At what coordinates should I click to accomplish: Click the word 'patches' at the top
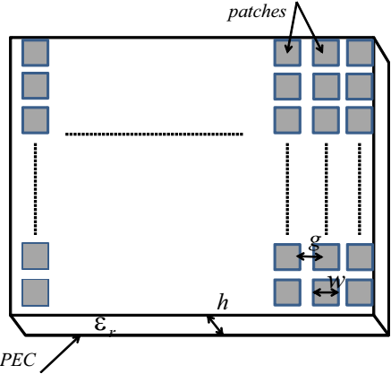tap(257, 13)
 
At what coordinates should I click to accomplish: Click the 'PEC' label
tap(18, 360)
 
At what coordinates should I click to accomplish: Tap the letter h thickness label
tap(223, 302)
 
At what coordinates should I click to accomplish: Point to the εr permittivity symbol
tap(105, 326)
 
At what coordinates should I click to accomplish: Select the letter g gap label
tap(315, 241)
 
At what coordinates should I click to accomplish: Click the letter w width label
tap(336, 281)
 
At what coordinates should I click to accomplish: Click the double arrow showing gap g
tap(310, 257)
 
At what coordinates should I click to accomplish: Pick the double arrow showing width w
tap(326, 292)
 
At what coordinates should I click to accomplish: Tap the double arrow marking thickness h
tap(215, 325)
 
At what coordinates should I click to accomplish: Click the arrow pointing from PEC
tap(61, 353)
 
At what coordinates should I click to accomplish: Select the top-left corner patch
tap(35, 53)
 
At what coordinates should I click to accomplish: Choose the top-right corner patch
tap(360, 53)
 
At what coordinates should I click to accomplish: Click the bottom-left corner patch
tap(35, 292)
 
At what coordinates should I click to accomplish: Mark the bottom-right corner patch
tap(360, 292)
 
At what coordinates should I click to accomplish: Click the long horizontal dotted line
tap(154, 135)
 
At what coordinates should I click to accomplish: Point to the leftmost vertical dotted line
tap(36, 189)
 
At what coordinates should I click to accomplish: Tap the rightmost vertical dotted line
tap(360, 189)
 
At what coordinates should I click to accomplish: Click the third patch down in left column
tap(35, 120)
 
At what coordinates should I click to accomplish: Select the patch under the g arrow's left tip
tap(287, 257)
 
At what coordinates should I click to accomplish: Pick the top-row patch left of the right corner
tap(326, 53)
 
